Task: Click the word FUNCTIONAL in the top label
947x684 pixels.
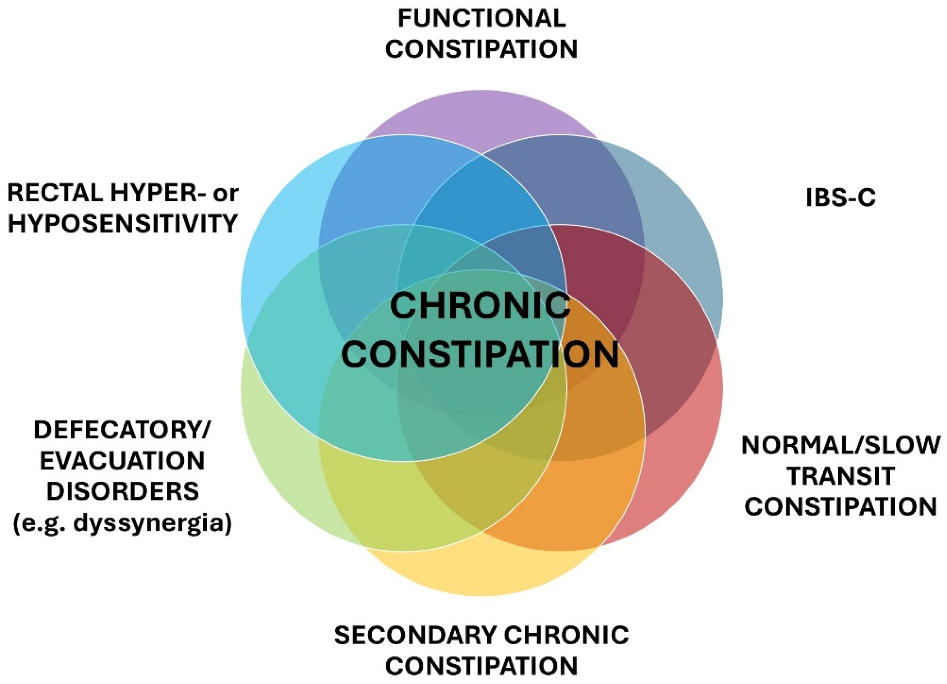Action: [x=482, y=19]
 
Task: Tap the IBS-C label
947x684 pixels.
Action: [x=841, y=198]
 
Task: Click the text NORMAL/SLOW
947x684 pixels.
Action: [x=841, y=445]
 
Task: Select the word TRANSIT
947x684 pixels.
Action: [x=841, y=476]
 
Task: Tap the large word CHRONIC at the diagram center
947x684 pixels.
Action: [x=480, y=306]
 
